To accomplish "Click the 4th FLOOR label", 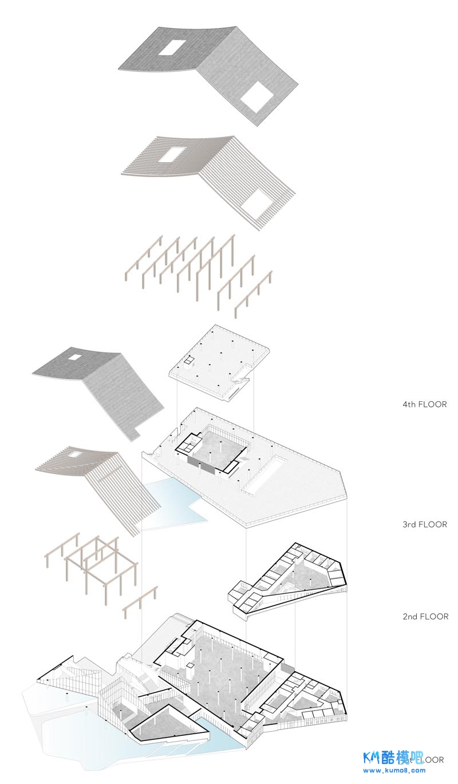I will tap(424, 404).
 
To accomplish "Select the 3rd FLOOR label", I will tap(424, 524).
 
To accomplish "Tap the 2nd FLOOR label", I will tap(424, 617).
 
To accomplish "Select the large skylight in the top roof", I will tap(256, 96).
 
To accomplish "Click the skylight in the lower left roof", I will tap(74, 357).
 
